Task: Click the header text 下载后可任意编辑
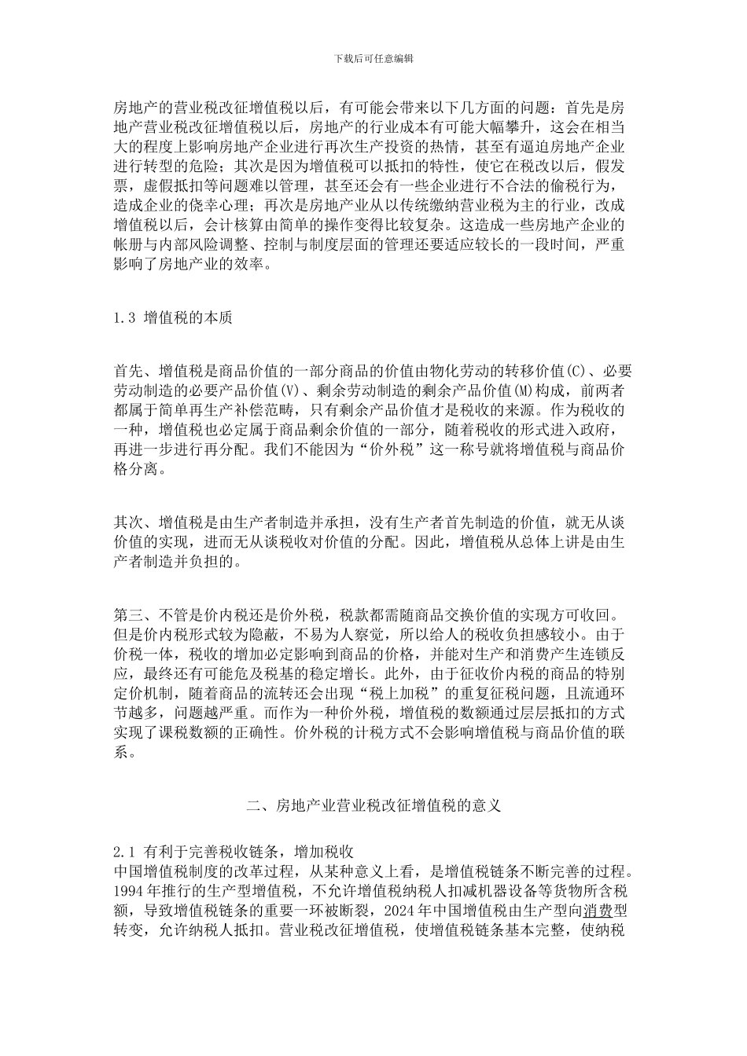(x=373, y=59)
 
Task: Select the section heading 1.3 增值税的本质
(x=173, y=319)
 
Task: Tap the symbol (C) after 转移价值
(x=576, y=371)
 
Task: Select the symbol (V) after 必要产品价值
(x=290, y=390)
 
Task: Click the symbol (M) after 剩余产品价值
(x=523, y=390)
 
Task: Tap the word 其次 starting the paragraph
(x=128, y=522)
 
